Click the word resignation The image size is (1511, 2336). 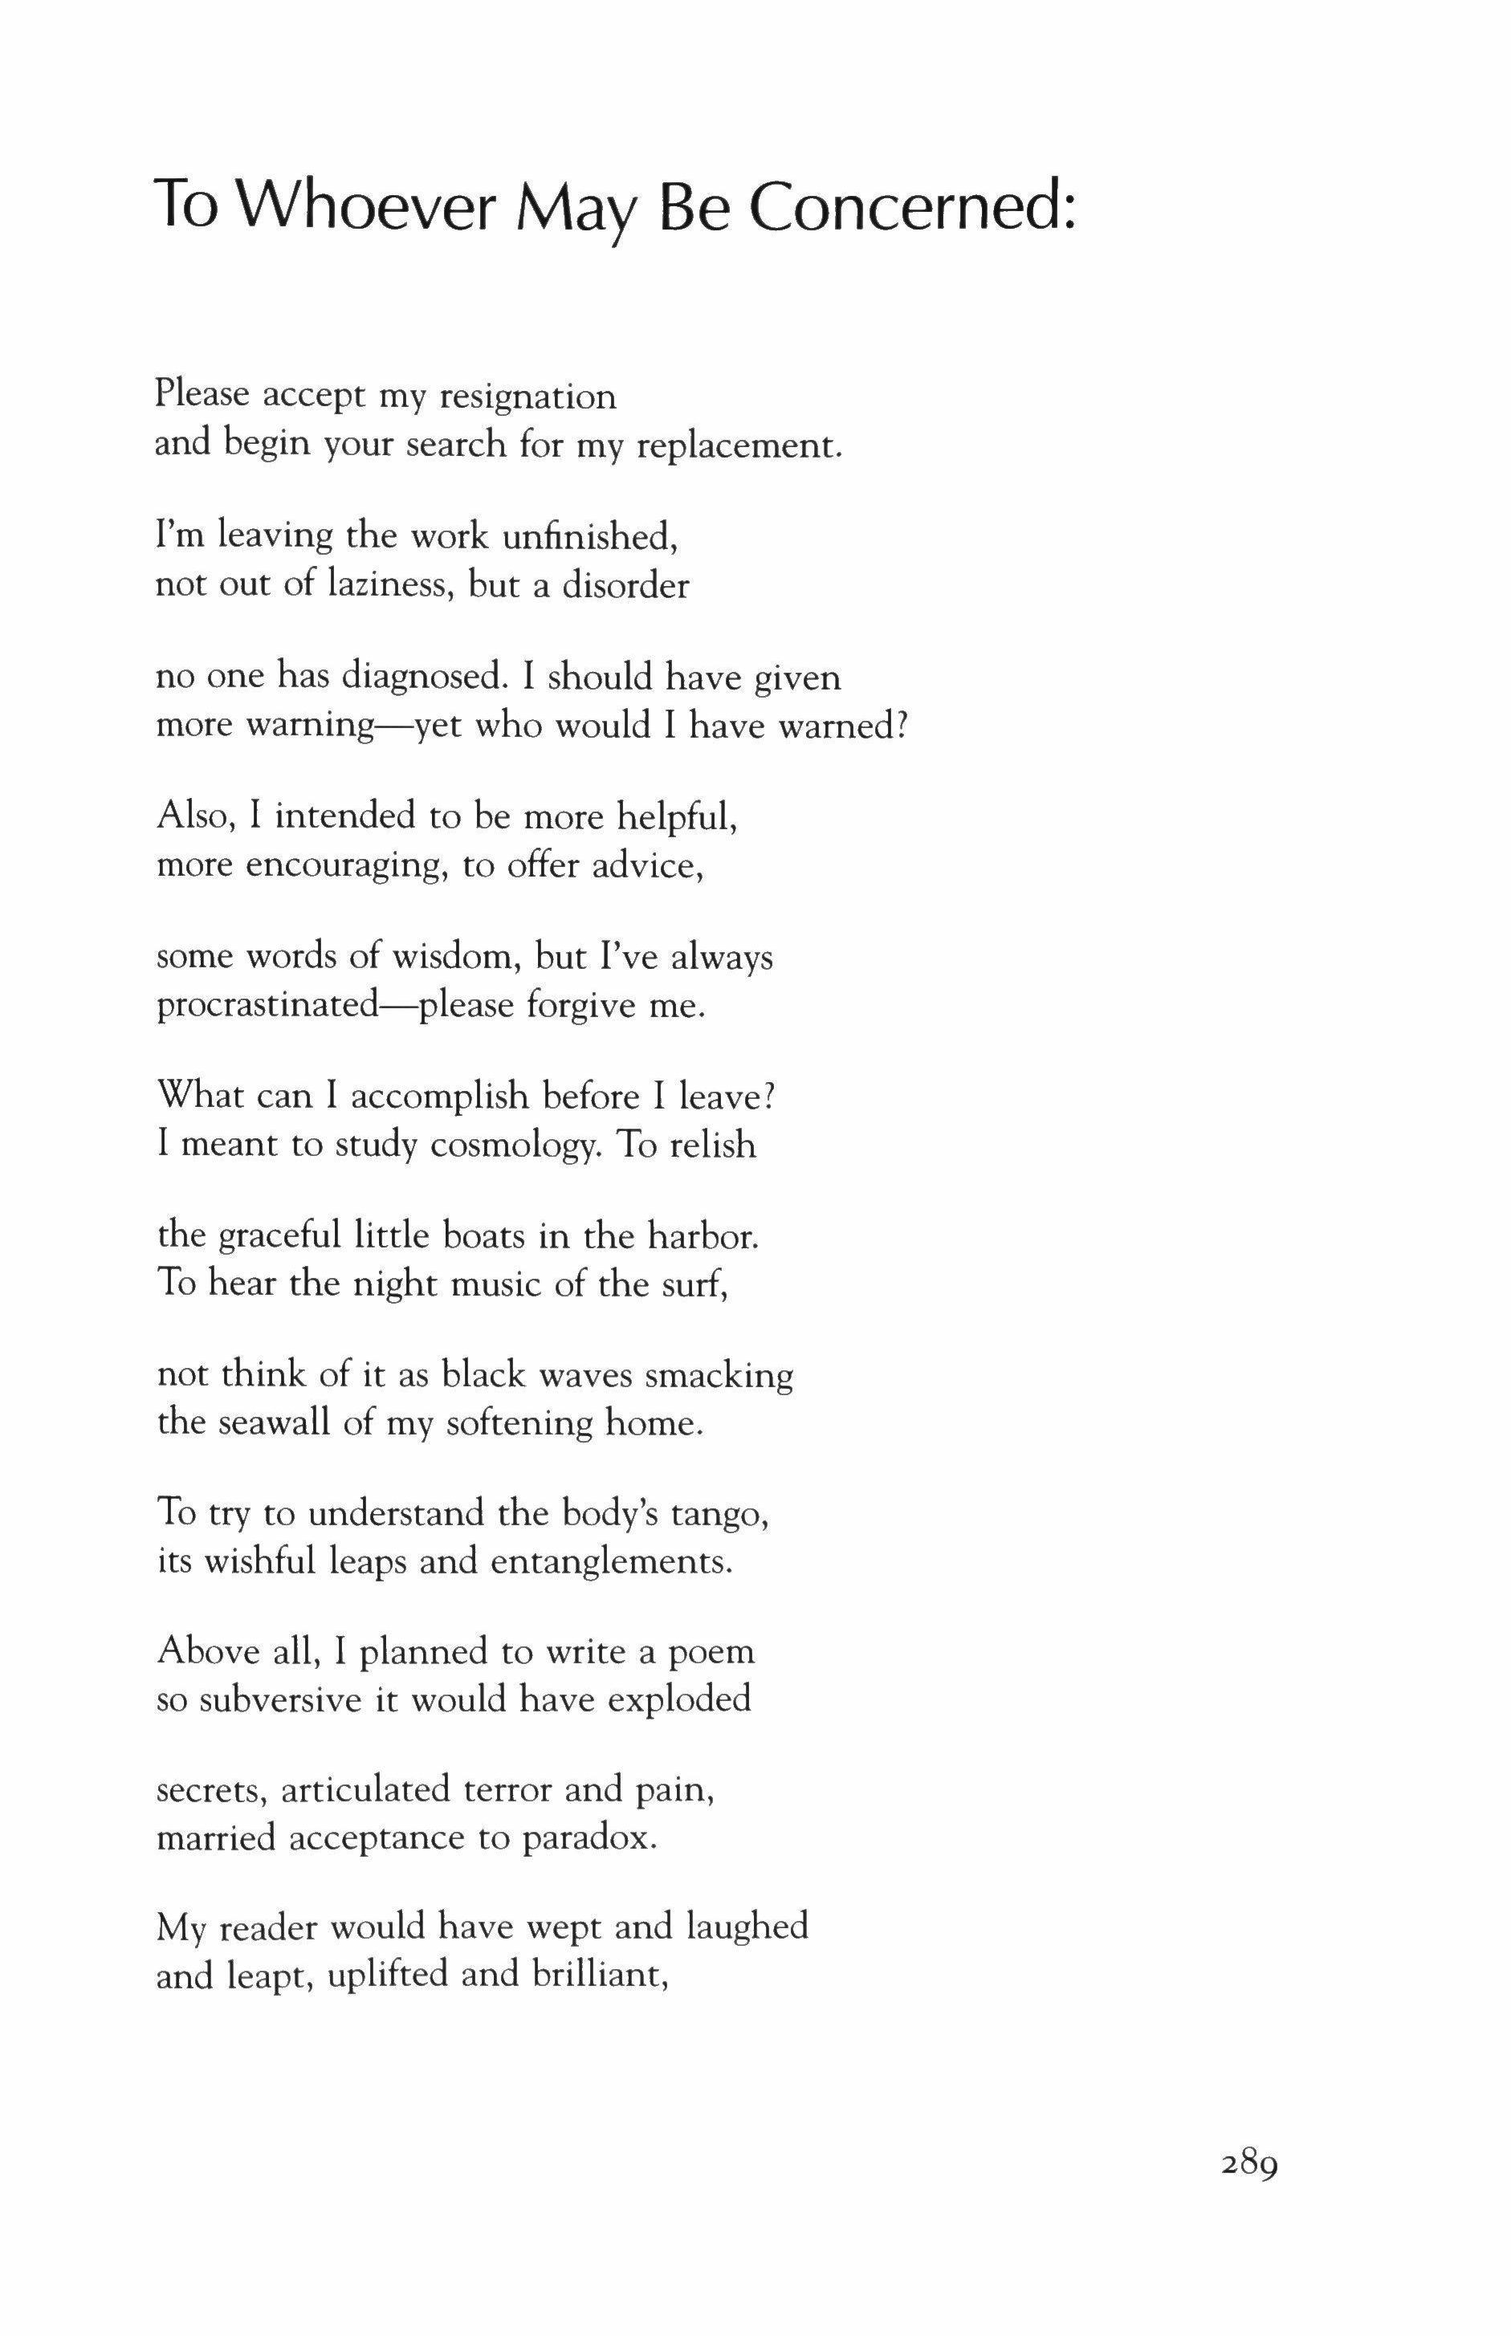pos(527,397)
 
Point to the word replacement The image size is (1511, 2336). pos(739,446)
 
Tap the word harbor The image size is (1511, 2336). pos(703,1236)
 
